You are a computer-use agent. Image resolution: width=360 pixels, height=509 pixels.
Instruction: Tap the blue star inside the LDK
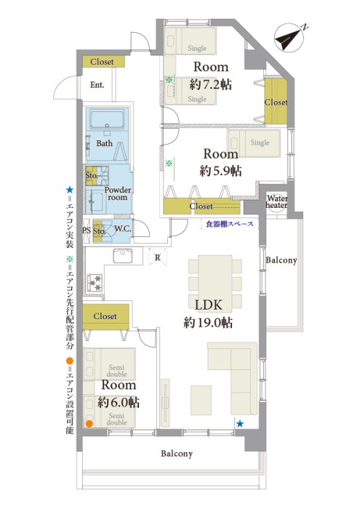tap(240, 424)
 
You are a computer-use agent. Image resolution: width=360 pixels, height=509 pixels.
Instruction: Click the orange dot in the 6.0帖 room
tap(89, 423)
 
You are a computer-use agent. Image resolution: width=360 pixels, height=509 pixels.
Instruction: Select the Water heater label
tap(277, 201)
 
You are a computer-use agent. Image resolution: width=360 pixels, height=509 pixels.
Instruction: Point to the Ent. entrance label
tap(97, 85)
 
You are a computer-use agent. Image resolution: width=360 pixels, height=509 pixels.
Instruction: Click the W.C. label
tap(123, 229)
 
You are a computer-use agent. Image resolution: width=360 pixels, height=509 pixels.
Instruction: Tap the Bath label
tap(104, 143)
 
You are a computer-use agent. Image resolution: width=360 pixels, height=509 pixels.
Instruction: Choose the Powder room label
tap(118, 193)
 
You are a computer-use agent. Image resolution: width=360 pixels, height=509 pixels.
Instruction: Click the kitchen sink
tap(123, 256)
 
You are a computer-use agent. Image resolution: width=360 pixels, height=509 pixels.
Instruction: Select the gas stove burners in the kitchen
tap(95, 282)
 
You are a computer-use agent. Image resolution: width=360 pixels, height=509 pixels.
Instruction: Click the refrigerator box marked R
tap(158, 257)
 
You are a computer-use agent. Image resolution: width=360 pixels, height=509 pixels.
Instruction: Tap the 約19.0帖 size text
tap(208, 323)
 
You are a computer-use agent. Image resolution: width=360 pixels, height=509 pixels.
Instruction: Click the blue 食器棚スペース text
tap(230, 224)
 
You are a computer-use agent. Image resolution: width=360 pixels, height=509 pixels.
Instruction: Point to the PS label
tap(87, 231)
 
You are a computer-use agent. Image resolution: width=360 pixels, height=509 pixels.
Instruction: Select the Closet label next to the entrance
tap(102, 62)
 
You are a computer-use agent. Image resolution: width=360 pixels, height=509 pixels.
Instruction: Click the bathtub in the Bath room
tap(107, 120)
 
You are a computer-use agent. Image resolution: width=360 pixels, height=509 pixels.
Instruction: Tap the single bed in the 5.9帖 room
tap(255, 143)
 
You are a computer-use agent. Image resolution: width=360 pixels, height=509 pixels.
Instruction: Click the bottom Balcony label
tap(177, 454)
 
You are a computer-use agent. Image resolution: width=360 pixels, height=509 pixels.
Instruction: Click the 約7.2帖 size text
tap(210, 84)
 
